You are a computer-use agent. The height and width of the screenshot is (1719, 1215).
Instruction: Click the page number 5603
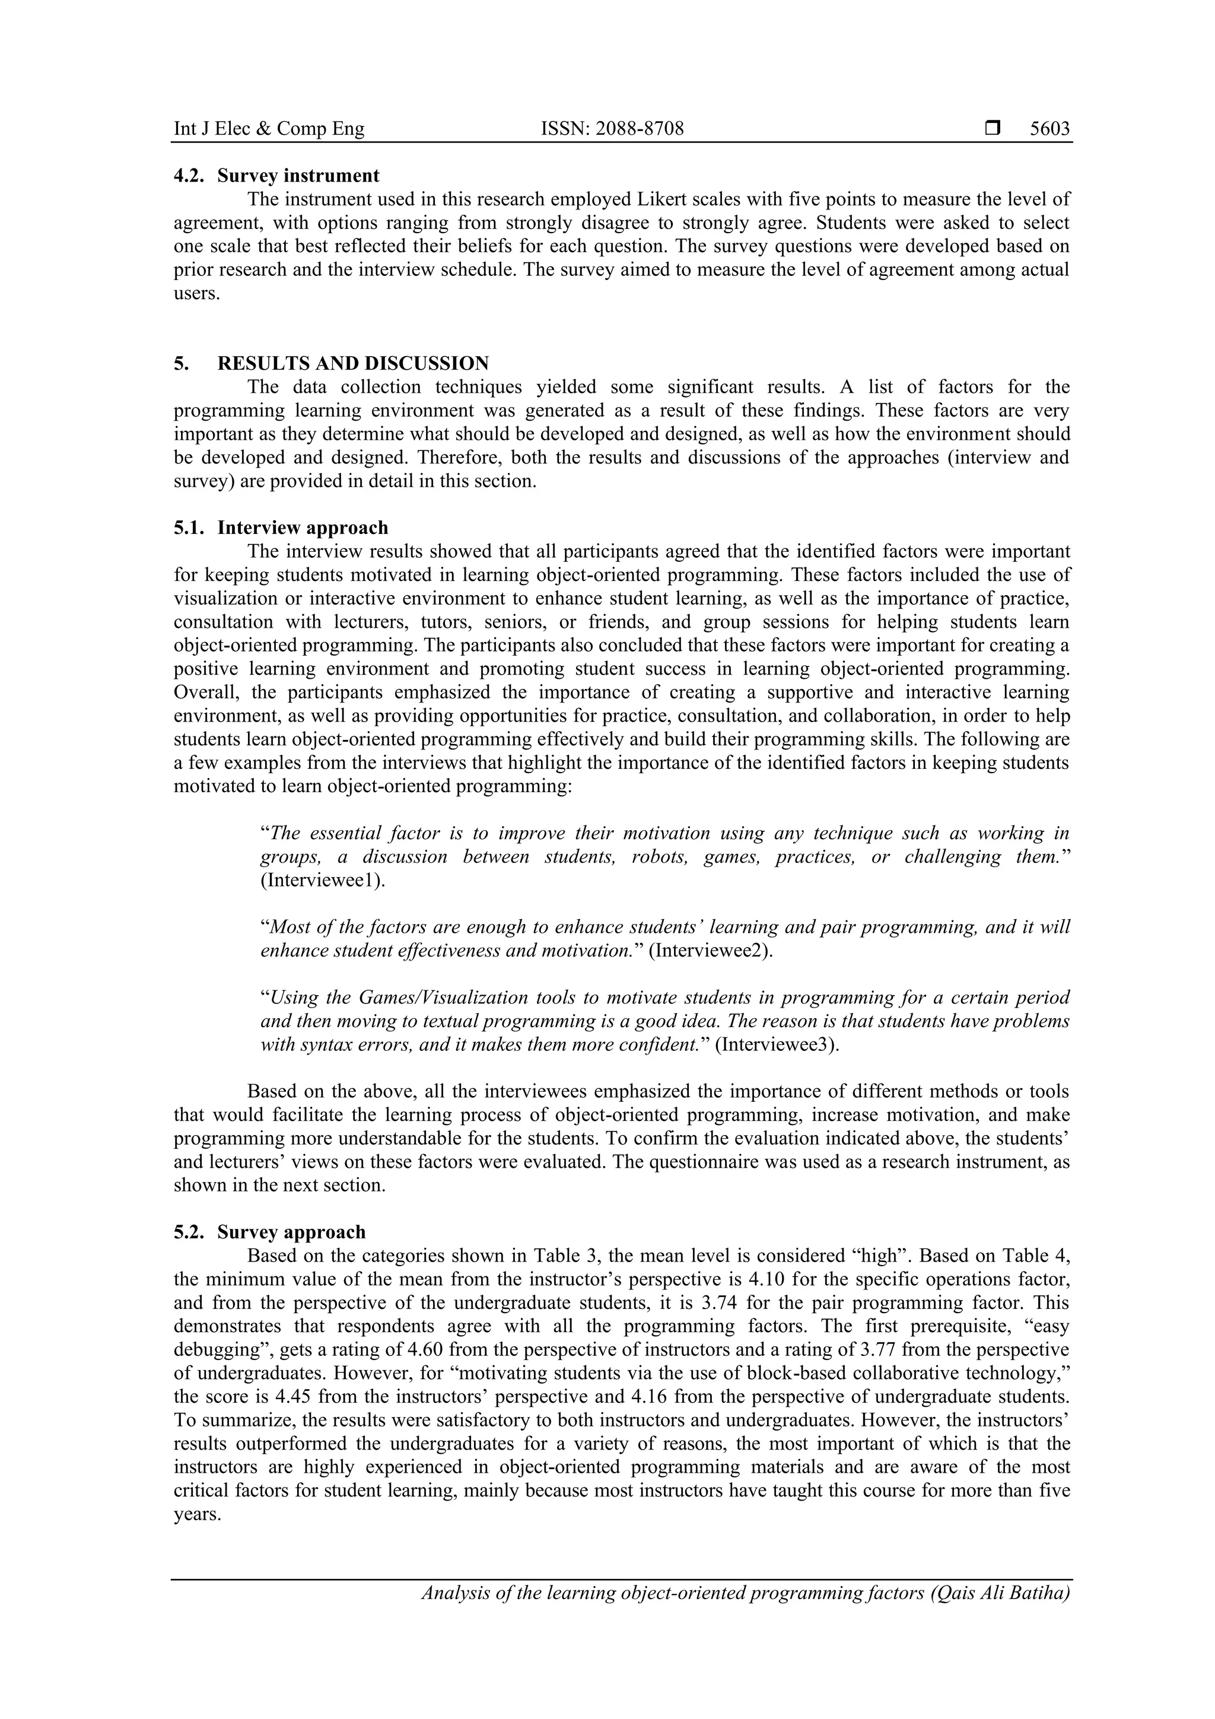1049,129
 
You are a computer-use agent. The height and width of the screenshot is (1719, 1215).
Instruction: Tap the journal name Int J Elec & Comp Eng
269,129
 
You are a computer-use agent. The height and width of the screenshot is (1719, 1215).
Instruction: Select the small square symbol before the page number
993,129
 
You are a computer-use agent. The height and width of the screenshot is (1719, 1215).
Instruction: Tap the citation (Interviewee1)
323,880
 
